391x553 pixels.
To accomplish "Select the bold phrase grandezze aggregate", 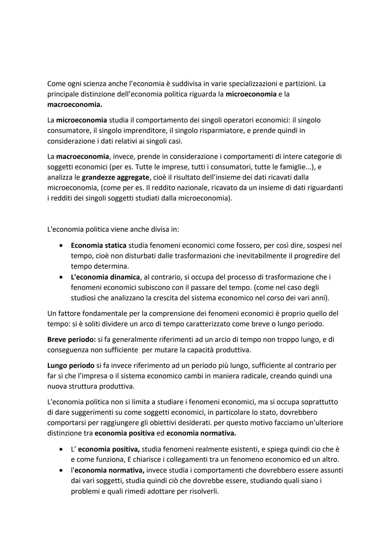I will tap(115, 177).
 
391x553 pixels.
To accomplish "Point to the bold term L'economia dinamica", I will tap(105, 277).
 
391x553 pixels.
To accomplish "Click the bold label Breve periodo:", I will tap(71, 340).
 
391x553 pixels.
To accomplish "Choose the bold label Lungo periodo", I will tap(71, 366).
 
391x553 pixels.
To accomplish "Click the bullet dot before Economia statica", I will tap(62, 246).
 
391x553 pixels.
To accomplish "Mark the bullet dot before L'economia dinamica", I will tap(62, 277).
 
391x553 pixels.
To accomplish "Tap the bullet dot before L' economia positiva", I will tap(62, 449).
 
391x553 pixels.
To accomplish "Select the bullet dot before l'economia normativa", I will tap(62, 470).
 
